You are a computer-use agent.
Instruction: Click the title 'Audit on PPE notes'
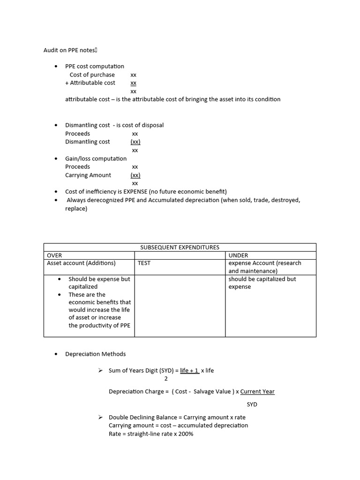(x=69, y=50)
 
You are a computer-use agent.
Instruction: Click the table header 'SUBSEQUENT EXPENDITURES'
(x=180, y=247)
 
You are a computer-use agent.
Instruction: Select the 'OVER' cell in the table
(x=54, y=255)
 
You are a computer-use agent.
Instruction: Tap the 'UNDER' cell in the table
(x=238, y=255)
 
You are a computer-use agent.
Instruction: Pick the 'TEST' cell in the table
(x=144, y=263)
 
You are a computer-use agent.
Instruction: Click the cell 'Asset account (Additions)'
(x=81, y=263)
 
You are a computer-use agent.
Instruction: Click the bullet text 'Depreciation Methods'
(x=95, y=354)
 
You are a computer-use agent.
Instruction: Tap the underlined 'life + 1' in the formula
(x=189, y=370)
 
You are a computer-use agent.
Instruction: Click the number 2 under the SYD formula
(x=166, y=379)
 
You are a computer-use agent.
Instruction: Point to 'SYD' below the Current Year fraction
(x=252, y=404)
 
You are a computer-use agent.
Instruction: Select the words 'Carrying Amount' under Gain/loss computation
(x=88, y=175)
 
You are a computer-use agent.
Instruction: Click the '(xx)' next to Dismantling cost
(x=135, y=142)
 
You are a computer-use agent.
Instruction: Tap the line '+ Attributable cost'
(x=90, y=82)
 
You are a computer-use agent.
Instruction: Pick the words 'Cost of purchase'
(x=92, y=75)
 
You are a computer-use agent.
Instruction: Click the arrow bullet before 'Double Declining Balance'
(x=100, y=417)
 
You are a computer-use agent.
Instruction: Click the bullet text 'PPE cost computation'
(x=95, y=66)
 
